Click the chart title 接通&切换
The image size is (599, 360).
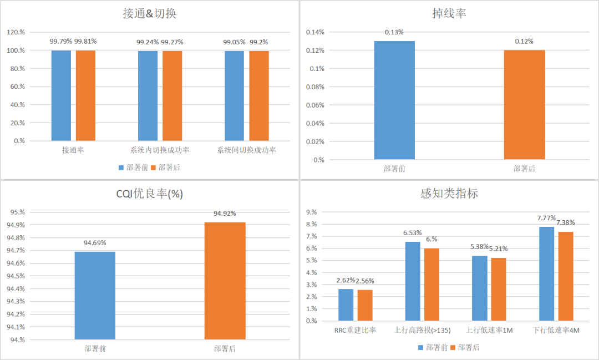tap(149, 14)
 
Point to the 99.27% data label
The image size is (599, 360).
tap(172, 42)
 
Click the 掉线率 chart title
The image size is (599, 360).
tap(449, 14)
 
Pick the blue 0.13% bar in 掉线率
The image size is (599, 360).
tap(394, 100)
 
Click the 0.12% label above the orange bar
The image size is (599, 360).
tap(524, 42)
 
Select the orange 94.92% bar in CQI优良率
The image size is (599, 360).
tap(225, 281)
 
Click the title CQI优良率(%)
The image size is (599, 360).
tap(149, 194)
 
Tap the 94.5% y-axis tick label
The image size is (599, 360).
tap(16, 276)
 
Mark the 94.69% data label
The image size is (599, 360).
tap(95, 243)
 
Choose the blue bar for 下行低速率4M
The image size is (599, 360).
tap(546, 273)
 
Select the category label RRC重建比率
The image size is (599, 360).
tap(355, 331)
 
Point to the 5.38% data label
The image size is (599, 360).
tap(479, 247)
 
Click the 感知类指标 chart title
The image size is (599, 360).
tap(449, 194)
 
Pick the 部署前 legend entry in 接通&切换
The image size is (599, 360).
tap(133, 168)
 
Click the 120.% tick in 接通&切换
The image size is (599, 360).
tap(16, 32)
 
